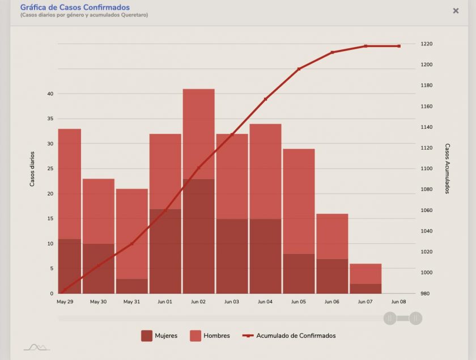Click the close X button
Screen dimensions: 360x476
[x=456, y=11]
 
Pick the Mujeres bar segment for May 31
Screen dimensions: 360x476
[x=132, y=286]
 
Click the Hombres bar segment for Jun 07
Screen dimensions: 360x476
[x=365, y=274]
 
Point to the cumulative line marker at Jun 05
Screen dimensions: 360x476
[x=299, y=69]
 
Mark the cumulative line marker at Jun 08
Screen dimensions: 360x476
[x=399, y=46]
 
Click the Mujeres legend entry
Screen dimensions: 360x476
[x=159, y=336]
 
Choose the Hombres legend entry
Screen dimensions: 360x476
[x=210, y=336]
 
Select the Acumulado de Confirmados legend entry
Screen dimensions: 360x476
[x=289, y=336]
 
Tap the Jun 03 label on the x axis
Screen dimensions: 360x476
[x=232, y=302]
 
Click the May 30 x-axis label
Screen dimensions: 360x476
[x=99, y=302]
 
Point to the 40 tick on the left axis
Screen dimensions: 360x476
[x=50, y=94]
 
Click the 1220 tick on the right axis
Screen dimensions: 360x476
[x=427, y=44]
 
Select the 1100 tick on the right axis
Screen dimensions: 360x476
[x=427, y=168]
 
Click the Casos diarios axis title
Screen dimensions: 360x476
[x=32, y=169]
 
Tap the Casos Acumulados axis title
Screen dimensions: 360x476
[x=447, y=168]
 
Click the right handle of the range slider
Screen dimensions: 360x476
[x=416, y=318]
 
